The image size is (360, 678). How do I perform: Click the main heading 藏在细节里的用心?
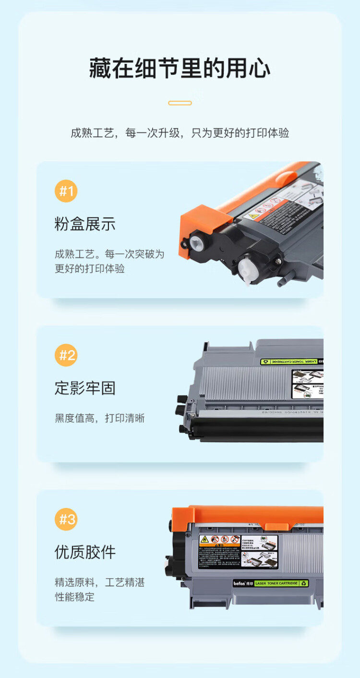[x=180, y=69]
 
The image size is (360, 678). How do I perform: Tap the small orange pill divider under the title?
[x=180, y=103]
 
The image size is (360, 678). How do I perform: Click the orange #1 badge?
[x=66, y=191]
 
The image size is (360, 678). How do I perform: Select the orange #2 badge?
[x=66, y=355]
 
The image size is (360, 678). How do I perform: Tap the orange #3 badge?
[x=66, y=520]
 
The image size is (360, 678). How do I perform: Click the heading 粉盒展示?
[x=85, y=224]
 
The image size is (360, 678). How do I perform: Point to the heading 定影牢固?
[x=85, y=388]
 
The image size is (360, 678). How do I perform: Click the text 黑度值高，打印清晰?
[x=100, y=418]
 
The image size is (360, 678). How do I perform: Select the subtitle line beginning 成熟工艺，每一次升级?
[x=180, y=133]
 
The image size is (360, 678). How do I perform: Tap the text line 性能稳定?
[x=74, y=597]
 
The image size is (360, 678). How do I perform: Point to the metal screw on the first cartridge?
[x=278, y=261]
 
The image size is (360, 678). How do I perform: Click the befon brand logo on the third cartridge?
[x=239, y=583]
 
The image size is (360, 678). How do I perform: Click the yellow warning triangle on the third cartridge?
[x=204, y=539]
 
